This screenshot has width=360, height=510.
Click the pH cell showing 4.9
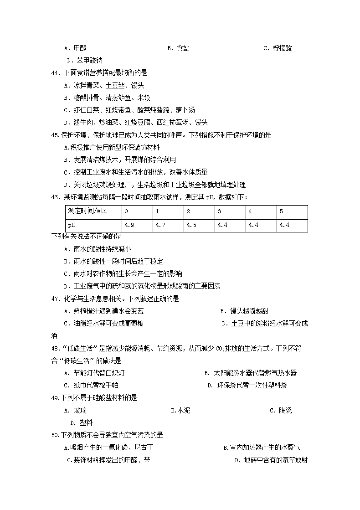click(x=129, y=225)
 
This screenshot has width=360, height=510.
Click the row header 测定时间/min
click(x=87, y=211)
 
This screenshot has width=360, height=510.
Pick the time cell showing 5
click(x=281, y=211)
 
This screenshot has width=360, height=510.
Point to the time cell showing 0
click(x=126, y=211)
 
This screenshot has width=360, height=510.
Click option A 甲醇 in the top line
click(x=75, y=48)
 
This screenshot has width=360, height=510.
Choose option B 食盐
click(x=178, y=48)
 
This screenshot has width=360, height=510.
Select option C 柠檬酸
click(x=278, y=48)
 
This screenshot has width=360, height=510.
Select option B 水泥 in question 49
click(x=180, y=410)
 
